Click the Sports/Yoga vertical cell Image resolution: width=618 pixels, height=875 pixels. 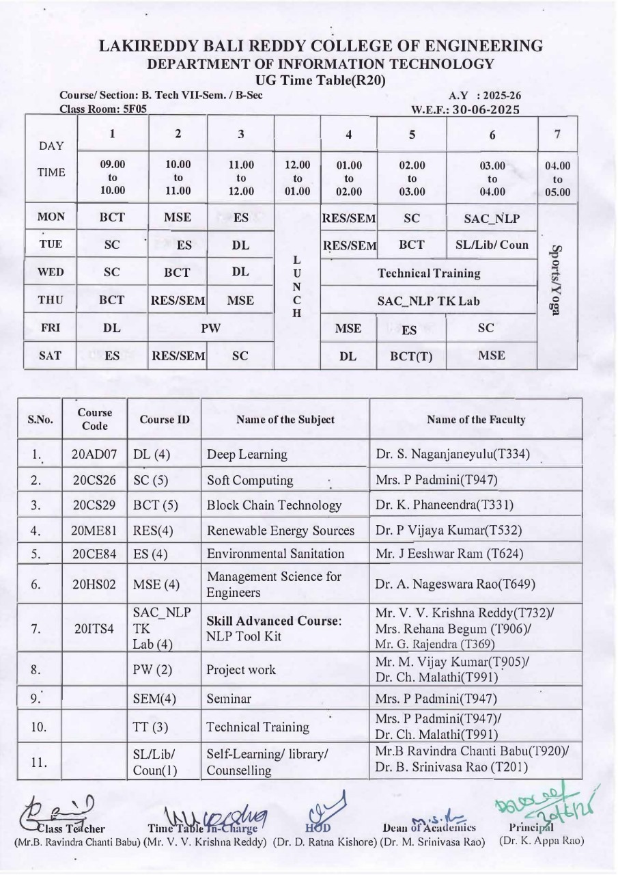point(557,288)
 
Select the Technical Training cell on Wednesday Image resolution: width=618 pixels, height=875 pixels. point(429,273)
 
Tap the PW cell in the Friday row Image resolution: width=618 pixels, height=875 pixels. point(211,328)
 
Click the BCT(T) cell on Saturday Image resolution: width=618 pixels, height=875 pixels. point(412,356)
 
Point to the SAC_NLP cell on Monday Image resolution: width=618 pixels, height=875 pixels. point(492,219)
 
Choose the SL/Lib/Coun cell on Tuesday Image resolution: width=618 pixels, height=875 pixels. point(492,245)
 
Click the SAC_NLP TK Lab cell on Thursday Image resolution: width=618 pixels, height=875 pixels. point(429,300)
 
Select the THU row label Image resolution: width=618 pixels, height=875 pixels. point(51,300)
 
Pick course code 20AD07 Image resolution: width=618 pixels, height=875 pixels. point(95,454)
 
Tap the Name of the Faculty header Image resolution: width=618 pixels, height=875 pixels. point(475,420)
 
